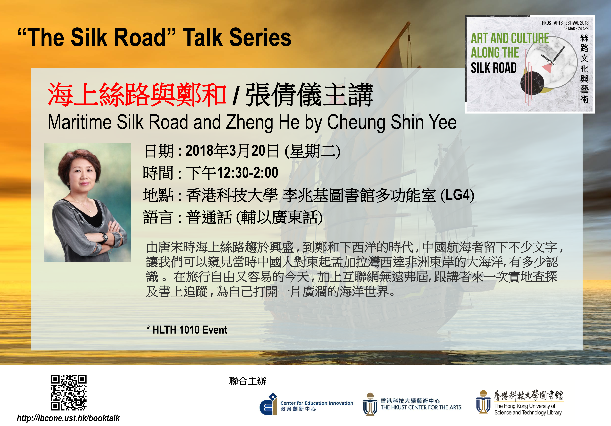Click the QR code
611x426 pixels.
(x=69, y=393)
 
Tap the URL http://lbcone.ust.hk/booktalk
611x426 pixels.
(x=68, y=418)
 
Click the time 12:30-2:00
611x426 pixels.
(x=248, y=172)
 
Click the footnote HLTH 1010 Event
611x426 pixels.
(x=190, y=330)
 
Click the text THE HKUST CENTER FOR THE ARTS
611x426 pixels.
(x=421, y=407)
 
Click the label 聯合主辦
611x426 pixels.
(x=247, y=381)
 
